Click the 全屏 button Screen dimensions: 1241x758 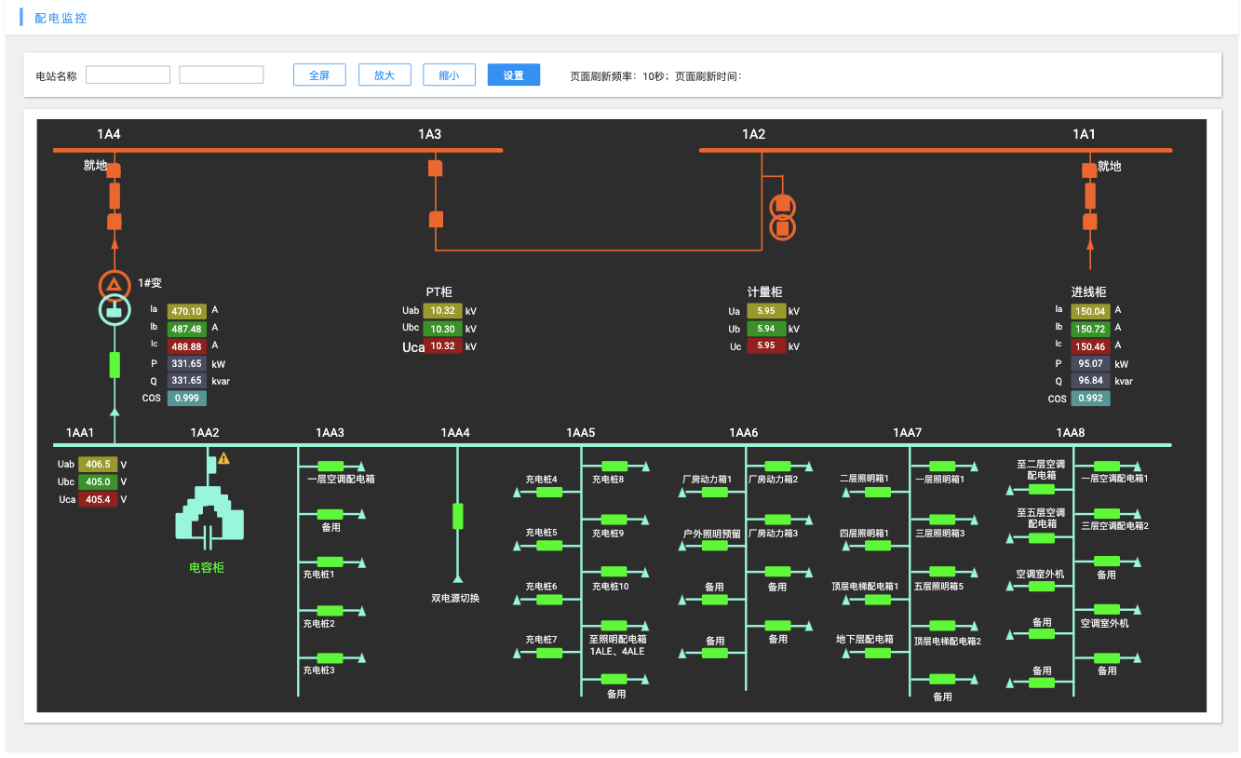point(319,75)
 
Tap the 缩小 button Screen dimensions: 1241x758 point(449,75)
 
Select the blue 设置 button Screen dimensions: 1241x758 point(514,75)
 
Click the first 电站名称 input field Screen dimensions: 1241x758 point(128,75)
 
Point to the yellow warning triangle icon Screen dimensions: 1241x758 point(223,458)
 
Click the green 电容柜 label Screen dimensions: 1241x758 point(207,567)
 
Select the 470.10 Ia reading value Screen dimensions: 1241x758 point(186,312)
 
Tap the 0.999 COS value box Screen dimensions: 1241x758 point(186,399)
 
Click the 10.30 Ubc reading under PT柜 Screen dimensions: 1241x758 point(442,329)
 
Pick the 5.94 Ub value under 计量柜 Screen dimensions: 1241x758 point(766,329)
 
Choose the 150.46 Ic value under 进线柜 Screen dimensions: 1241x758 point(1090,346)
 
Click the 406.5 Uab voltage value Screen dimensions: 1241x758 point(98,464)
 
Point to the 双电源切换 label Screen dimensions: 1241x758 point(455,598)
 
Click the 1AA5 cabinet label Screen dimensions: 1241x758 point(580,433)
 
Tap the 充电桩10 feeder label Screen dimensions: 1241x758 point(610,587)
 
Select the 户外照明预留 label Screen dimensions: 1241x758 point(711,534)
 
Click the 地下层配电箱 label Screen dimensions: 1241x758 point(865,640)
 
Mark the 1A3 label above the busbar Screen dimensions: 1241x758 point(429,135)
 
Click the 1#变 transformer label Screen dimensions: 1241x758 point(150,283)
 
